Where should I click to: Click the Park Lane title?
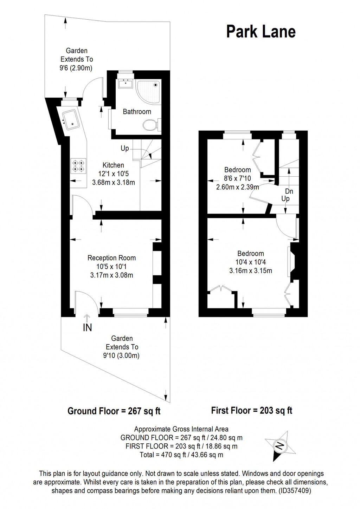coord(261,32)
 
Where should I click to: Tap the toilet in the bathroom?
coord(151,124)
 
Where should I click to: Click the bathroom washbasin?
coord(125,84)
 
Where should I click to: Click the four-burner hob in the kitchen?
coord(78,166)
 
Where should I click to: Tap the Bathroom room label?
coord(137,112)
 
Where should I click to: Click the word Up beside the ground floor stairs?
coord(125,148)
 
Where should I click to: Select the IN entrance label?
coord(87,328)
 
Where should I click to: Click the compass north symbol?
coord(280,446)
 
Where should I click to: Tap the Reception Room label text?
coord(111,258)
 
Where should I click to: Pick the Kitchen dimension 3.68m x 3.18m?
coord(113,182)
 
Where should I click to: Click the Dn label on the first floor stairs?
coord(289,191)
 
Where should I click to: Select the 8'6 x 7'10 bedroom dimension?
coord(237,178)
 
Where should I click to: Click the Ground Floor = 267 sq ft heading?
coord(114,411)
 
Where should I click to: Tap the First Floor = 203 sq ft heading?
coord(252,410)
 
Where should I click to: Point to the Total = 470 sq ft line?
coord(181,455)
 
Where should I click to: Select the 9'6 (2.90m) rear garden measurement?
coord(76,68)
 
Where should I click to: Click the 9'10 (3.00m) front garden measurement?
coord(121,355)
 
